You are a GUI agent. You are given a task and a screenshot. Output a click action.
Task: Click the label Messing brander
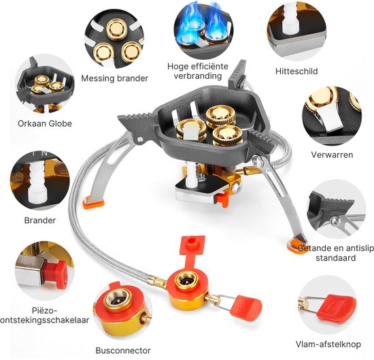tap(114, 78)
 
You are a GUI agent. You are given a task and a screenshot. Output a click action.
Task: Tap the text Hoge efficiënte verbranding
tap(198, 71)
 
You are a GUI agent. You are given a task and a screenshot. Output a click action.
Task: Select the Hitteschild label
tap(296, 71)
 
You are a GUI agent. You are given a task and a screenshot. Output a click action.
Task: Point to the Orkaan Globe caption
tap(45, 123)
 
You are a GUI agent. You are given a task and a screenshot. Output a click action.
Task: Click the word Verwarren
tap(332, 154)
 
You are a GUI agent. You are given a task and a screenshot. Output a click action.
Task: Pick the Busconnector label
tap(123, 350)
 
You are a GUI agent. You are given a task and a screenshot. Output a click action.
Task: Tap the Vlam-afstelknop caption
tap(328, 344)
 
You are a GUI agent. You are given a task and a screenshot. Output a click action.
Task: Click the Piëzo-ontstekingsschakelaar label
tap(45, 315)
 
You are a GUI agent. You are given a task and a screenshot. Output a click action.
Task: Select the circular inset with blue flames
tap(203, 30)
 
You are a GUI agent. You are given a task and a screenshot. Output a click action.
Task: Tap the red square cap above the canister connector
tap(192, 246)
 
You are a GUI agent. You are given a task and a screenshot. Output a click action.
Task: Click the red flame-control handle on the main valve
tap(245, 306)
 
